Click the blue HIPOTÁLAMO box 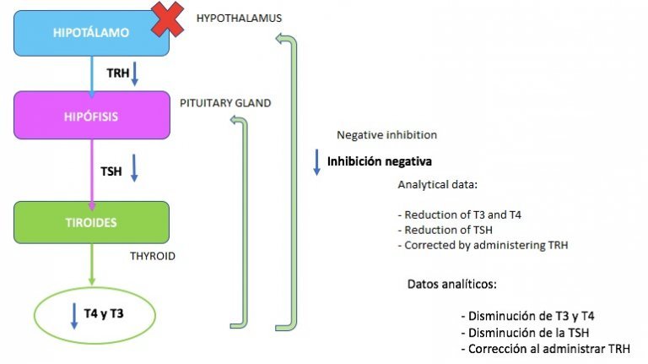[x=90, y=34]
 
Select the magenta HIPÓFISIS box [x=90, y=115]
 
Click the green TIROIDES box [x=92, y=222]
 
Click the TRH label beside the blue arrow [x=117, y=73]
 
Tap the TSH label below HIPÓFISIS [x=111, y=171]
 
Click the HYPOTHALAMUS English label [x=239, y=18]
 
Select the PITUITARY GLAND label [x=225, y=103]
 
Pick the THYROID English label [x=153, y=254]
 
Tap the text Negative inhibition [x=386, y=135]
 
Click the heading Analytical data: [x=438, y=184]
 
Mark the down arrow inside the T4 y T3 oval [x=73, y=315]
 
